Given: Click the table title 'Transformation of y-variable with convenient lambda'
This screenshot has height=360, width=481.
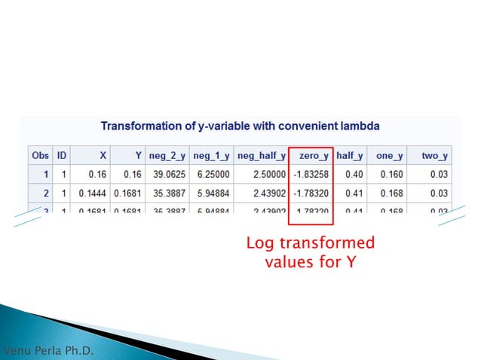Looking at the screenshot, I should coord(240,125).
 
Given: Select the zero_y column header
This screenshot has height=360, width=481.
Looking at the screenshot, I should coord(313,155).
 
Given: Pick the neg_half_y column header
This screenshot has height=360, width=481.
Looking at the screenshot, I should coord(261,155).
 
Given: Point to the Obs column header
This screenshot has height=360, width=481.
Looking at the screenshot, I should coord(40,155).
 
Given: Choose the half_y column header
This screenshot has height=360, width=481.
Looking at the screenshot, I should coord(349,155).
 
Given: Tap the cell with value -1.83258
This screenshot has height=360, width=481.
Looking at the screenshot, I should coord(311,174).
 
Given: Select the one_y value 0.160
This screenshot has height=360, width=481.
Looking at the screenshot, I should coord(388,174).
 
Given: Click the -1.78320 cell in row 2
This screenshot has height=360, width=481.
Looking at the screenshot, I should coord(311,194).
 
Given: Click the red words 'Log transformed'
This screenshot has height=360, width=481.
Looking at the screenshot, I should coord(310,244).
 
